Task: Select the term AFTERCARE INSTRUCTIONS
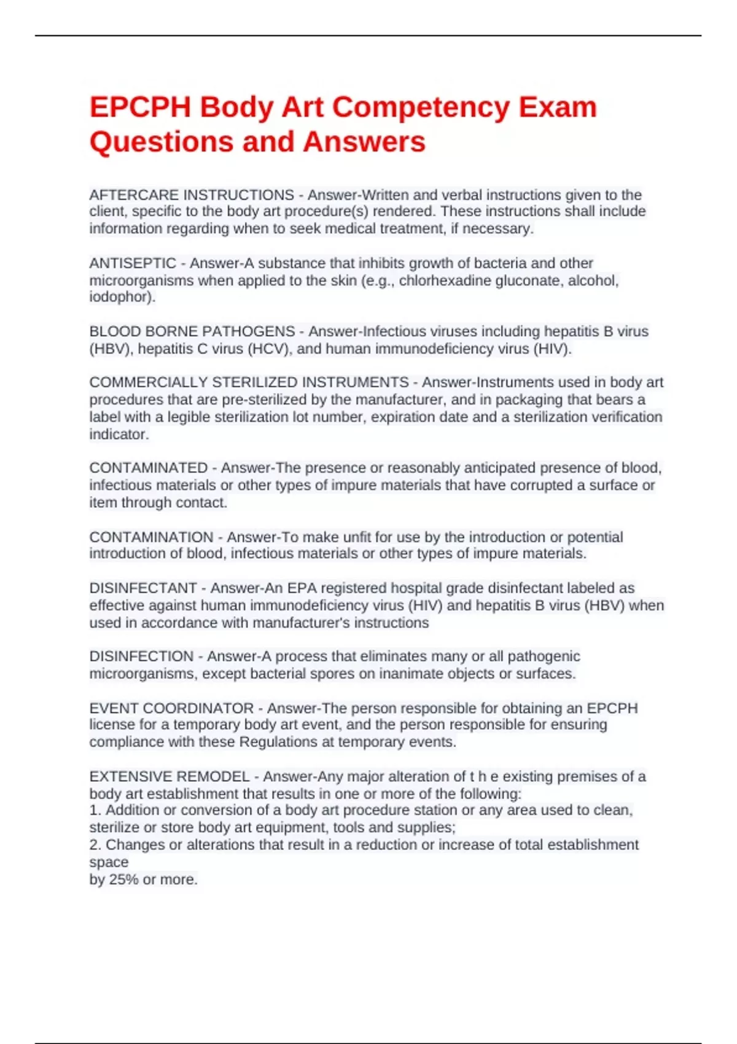click(x=192, y=195)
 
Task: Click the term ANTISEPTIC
click(x=133, y=263)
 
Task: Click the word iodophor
click(x=121, y=297)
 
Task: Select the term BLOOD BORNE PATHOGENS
click(x=192, y=332)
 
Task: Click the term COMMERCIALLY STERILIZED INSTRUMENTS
click(x=249, y=383)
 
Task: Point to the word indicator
click(x=118, y=434)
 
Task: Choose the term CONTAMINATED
click(x=149, y=468)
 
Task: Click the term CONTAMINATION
click(x=151, y=537)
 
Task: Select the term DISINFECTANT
click(x=143, y=588)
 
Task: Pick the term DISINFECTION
click(x=141, y=656)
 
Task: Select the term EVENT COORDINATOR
click(x=171, y=708)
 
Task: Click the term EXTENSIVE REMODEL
click(x=170, y=777)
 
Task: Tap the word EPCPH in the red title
click(x=140, y=107)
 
